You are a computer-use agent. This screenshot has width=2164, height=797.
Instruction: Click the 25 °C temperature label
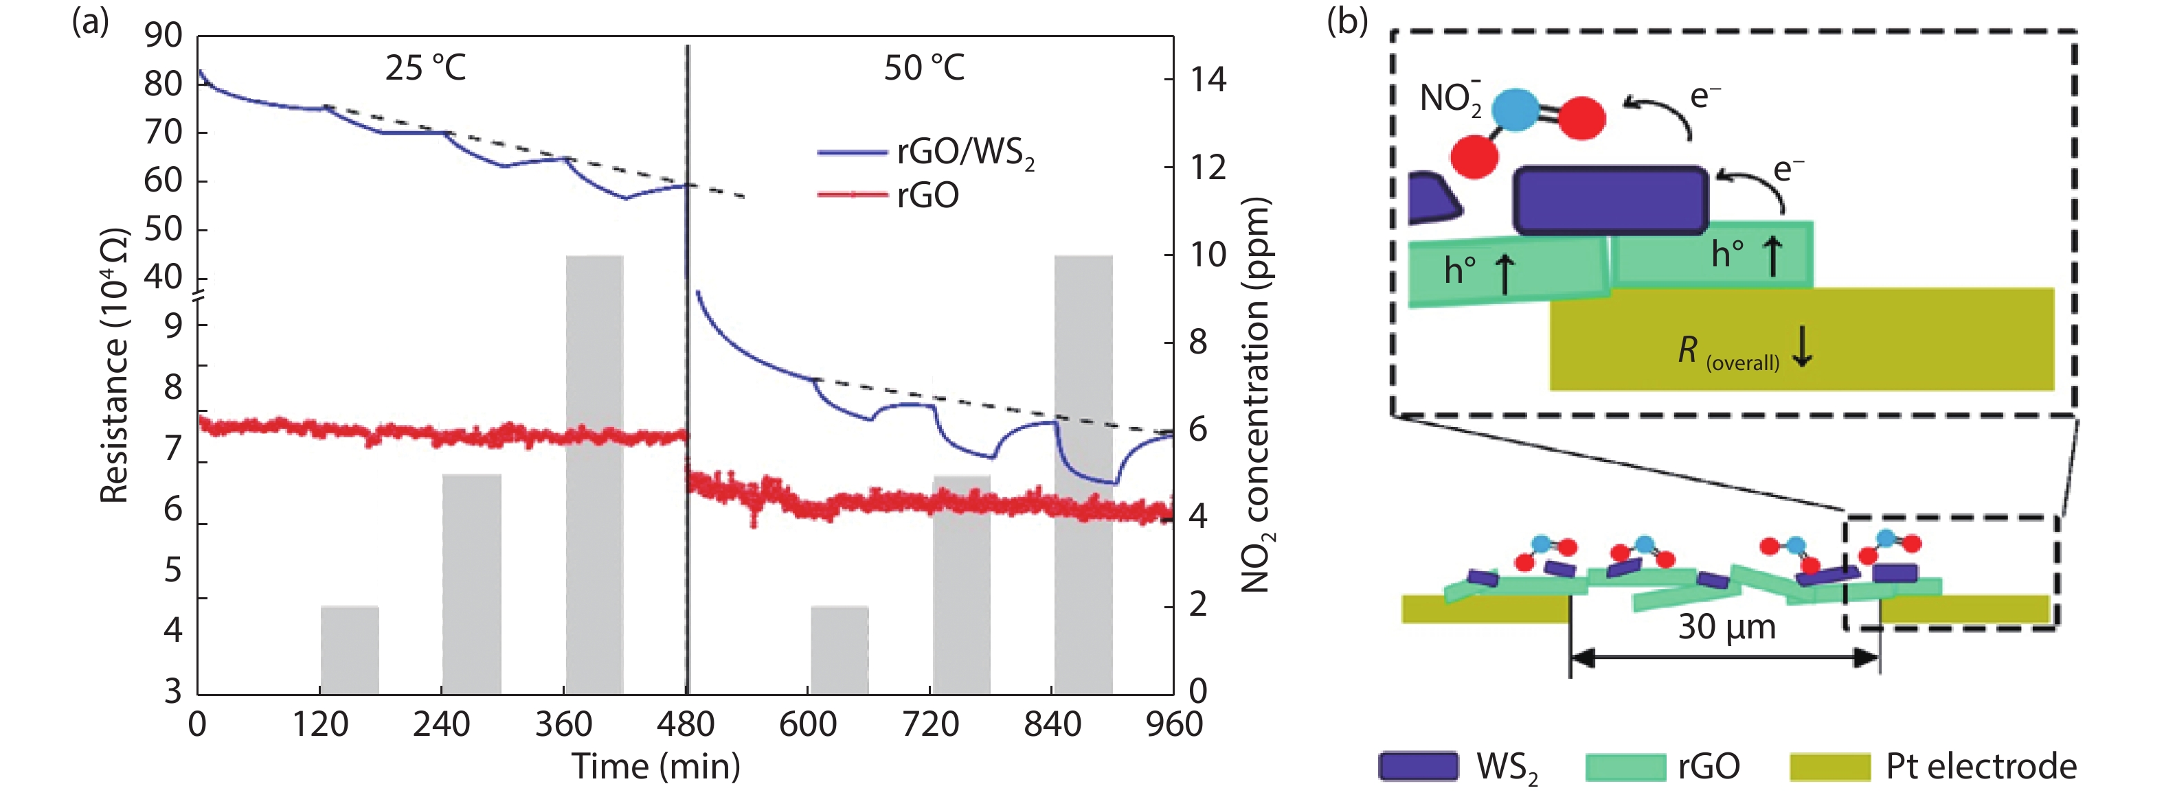pyautogui.click(x=425, y=68)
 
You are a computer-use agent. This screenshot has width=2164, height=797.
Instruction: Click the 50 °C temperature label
pyautogui.click(x=923, y=68)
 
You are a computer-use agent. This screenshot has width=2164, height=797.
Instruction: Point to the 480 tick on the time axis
pyautogui.click(x=686, y=725)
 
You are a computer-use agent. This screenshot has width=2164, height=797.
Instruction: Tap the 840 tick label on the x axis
pyautogui.click(x=1052, y=725)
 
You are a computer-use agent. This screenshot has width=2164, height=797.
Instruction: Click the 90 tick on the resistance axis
pyautogui.click(x=163, y=35)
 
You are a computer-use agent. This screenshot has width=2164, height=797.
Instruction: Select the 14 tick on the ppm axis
pyautogui.click(x=1208, y=80)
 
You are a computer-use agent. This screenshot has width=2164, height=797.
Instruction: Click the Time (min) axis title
pyautogui.click(x=655, y=767)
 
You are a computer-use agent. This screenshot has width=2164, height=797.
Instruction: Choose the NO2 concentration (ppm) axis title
pyautogui.click(x=1256, y=395)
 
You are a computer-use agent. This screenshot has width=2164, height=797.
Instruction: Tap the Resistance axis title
pyautogui.click(x=115, y=365)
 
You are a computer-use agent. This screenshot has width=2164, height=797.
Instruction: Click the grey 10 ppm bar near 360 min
pyautogui.click(x=594, y=474)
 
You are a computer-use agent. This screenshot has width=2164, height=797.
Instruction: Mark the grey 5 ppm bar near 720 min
pyautogui.click(x=961, y=584)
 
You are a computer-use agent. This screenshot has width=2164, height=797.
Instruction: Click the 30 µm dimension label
pyautogui.click(x=1726, y=627)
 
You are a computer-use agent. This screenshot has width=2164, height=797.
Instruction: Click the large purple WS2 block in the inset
pyautogui.click(x=1610, y=200)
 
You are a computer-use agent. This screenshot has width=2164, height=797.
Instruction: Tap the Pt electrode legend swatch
pyautogui.click(x=1829, y=767)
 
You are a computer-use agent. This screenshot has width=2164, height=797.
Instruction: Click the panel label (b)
pyautogui.click(x=1346, y=21)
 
